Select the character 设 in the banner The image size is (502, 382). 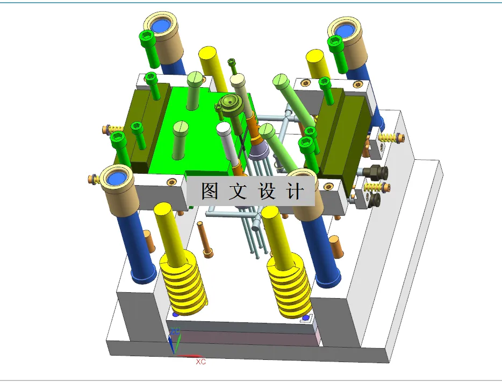tap(267, 191)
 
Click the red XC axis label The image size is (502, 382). tap(200, 362)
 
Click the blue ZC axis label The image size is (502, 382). tap(175, 330)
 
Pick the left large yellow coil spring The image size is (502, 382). tap(184, 284)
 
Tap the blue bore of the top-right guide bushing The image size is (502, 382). tap(345, 28)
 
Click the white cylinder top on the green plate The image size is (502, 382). tap(224, 128)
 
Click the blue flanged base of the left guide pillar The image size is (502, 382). tap(145, 274)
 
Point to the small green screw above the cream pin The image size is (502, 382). tap(232, 64)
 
